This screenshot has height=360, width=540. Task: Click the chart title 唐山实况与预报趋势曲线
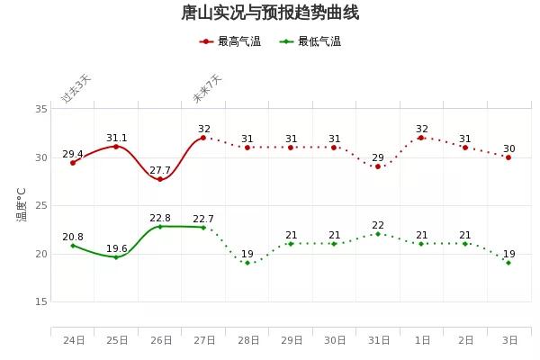[270, 13]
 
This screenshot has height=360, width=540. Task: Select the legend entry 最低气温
[310, 41]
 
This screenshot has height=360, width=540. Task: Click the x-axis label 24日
[73, 340]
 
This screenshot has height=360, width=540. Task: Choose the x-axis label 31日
[378, 340]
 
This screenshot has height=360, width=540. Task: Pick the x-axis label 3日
[509, 340]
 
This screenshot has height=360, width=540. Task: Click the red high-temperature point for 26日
[160, 179]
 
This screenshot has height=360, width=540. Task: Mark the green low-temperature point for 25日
[116, 257]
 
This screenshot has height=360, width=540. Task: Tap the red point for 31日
[378, 166]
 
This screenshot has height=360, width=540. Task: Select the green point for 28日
[247, 263]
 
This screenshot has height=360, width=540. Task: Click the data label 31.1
[116, 139]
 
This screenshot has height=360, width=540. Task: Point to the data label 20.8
[73, 237]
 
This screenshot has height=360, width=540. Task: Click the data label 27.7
[160, 170]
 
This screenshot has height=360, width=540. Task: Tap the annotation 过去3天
[76, 89]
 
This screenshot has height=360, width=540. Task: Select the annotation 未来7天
[207, 89]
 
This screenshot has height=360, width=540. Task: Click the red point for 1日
[421, 138]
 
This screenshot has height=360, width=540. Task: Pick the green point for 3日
[508, 263]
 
